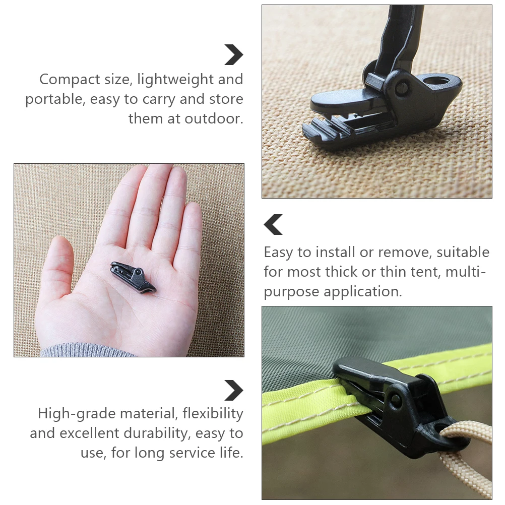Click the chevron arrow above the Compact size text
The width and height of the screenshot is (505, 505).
pos(234,55)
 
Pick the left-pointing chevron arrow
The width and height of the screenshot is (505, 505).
pos(273,225)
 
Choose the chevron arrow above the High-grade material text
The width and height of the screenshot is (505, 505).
pos(234,391)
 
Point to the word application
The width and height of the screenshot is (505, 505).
pos(363,291)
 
